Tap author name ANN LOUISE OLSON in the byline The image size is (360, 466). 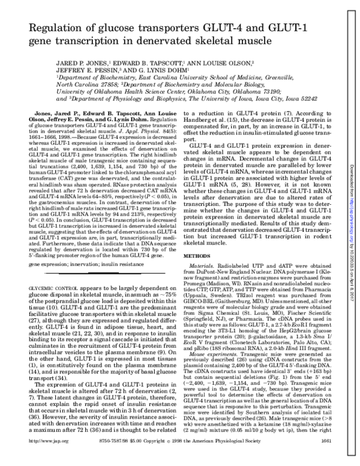(220, 62)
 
